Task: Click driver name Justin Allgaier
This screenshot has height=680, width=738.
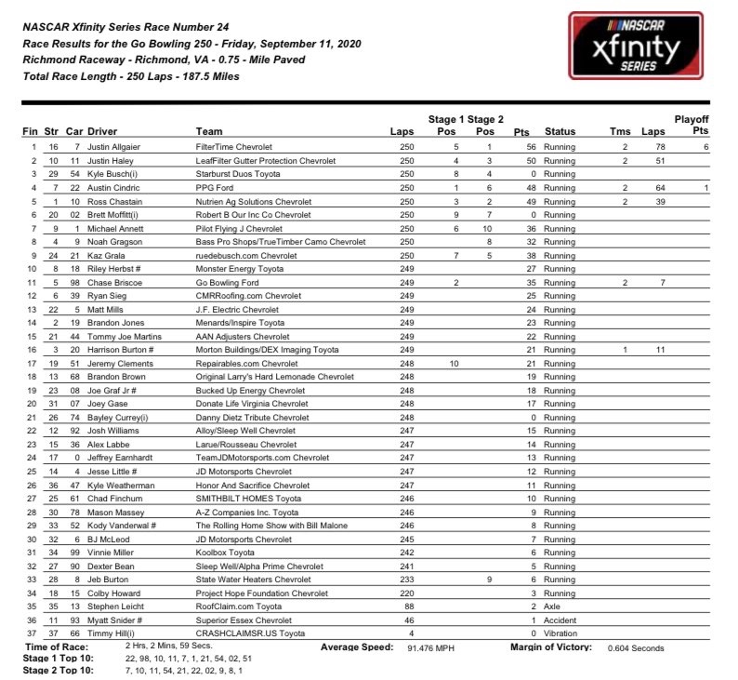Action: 115,147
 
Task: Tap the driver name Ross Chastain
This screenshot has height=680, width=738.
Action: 114,200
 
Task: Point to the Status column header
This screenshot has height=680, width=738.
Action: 560,132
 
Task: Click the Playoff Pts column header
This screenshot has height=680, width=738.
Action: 691,126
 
